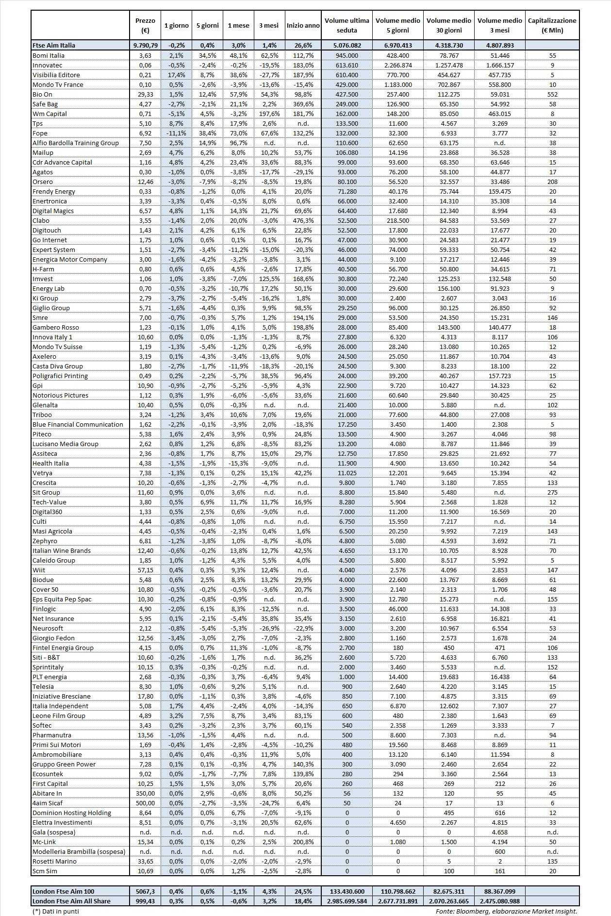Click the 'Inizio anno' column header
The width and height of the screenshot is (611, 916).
tap(303, 25)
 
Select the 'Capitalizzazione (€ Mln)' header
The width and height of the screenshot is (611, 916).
tap(552, 25)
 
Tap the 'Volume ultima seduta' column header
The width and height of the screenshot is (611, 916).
tap(347, 25)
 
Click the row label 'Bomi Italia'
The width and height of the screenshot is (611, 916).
tap(49, 55)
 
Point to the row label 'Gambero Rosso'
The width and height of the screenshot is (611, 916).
tap(55, 327)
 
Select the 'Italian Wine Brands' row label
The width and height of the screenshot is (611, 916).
tap(62, 550)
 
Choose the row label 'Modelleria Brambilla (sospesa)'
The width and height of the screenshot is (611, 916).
tap(79, 851)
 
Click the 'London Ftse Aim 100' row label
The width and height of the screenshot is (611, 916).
tap(63, 891)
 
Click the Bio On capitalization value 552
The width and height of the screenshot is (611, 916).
tap(552, 94)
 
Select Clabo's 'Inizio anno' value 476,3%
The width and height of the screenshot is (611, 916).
tap(303, 220)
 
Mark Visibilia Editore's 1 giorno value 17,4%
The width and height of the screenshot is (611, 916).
tap(176, 75)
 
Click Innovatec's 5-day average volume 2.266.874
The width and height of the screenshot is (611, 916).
tap(397, 65)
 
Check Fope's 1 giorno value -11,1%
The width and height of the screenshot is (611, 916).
tap(176, 133)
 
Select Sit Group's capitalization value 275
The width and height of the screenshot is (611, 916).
tap(552, 492)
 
